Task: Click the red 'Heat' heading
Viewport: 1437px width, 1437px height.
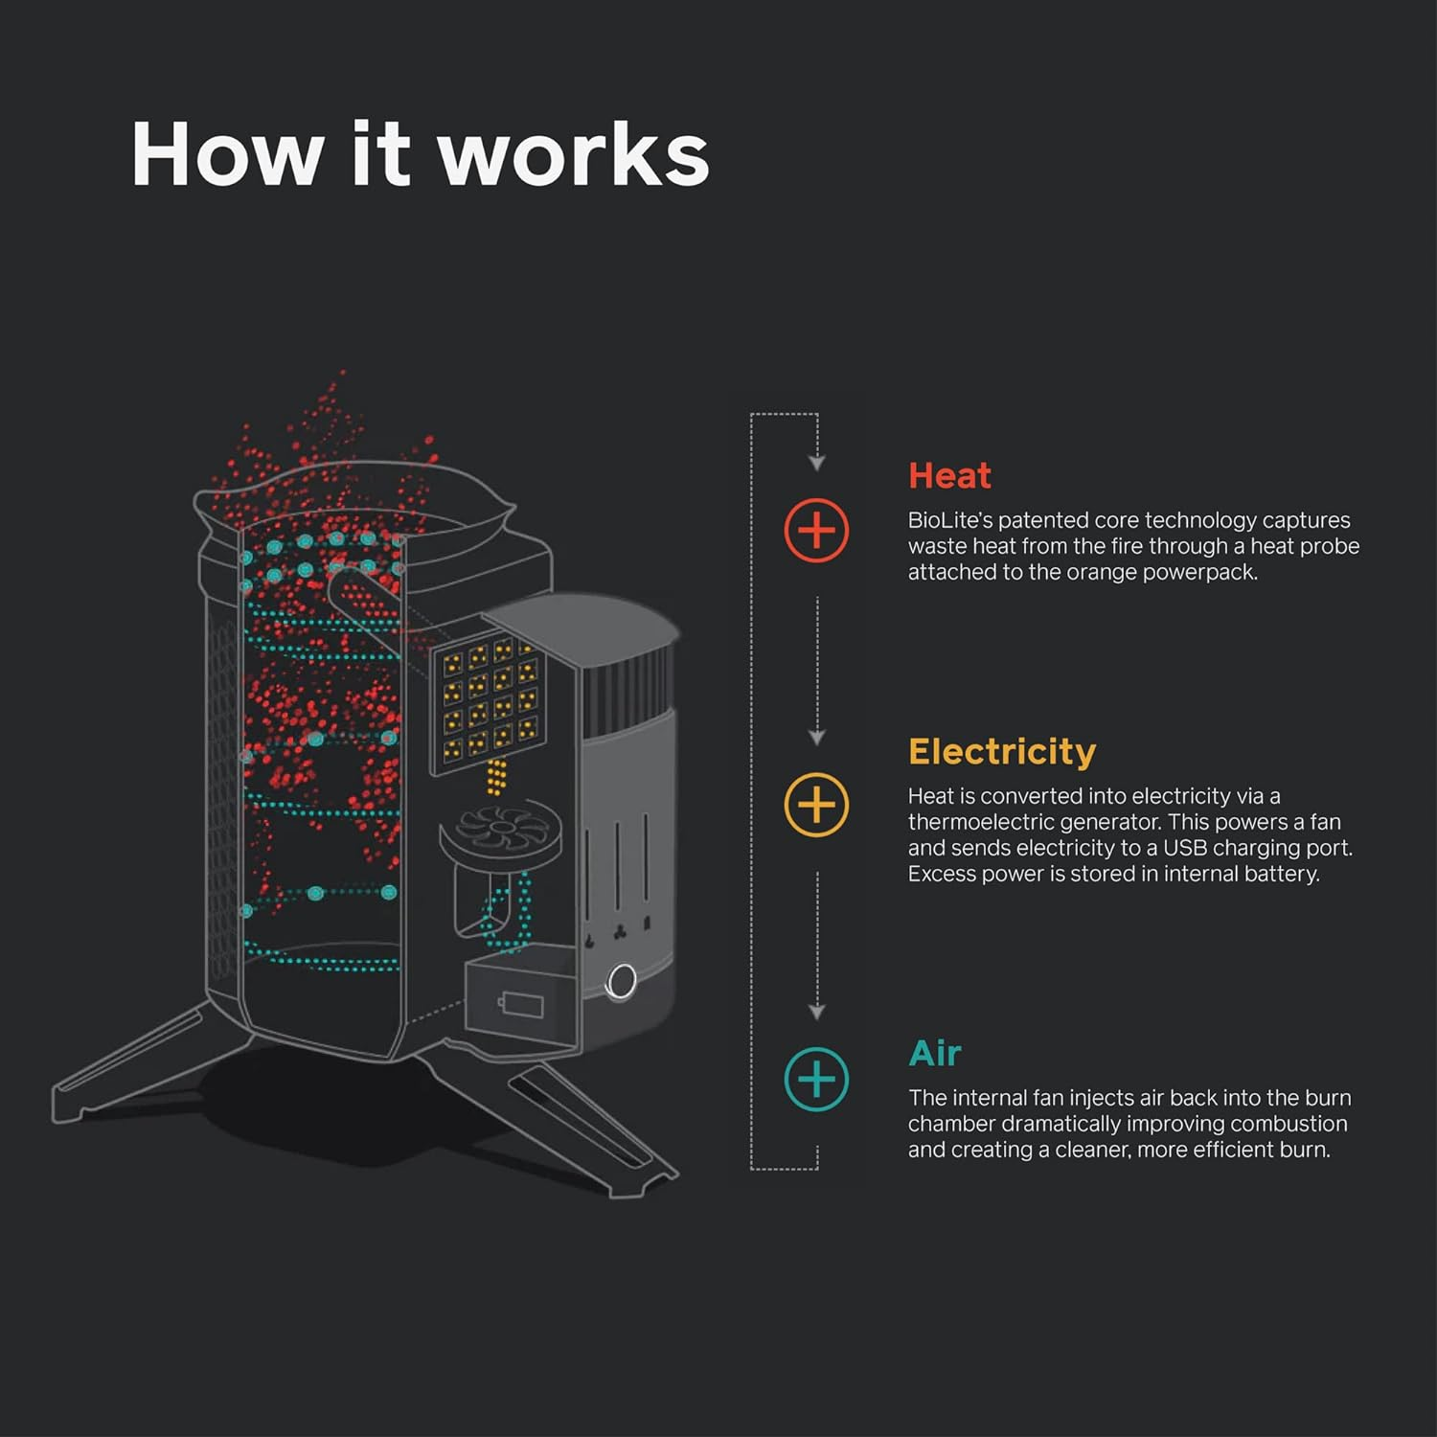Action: point(949,475)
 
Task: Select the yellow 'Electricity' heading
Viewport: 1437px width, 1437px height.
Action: point(1001,751)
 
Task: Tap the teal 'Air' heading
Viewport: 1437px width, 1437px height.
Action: point(934,1053)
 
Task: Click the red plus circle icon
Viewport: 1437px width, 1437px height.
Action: point(816,530)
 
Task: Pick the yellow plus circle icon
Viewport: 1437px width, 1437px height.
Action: point(816,805)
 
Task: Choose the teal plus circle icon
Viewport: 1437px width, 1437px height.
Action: point(816,1080)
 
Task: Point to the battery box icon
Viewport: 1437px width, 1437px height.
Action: point(520,1001)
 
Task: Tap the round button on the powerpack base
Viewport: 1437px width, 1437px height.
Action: point(622,981)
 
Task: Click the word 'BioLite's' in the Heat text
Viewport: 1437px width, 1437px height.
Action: point(949,520)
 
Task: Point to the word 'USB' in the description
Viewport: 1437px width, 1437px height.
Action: point(1185,848)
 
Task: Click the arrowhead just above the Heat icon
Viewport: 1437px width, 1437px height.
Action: point(816,464)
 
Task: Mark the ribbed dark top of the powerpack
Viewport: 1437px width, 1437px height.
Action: point(627,685)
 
